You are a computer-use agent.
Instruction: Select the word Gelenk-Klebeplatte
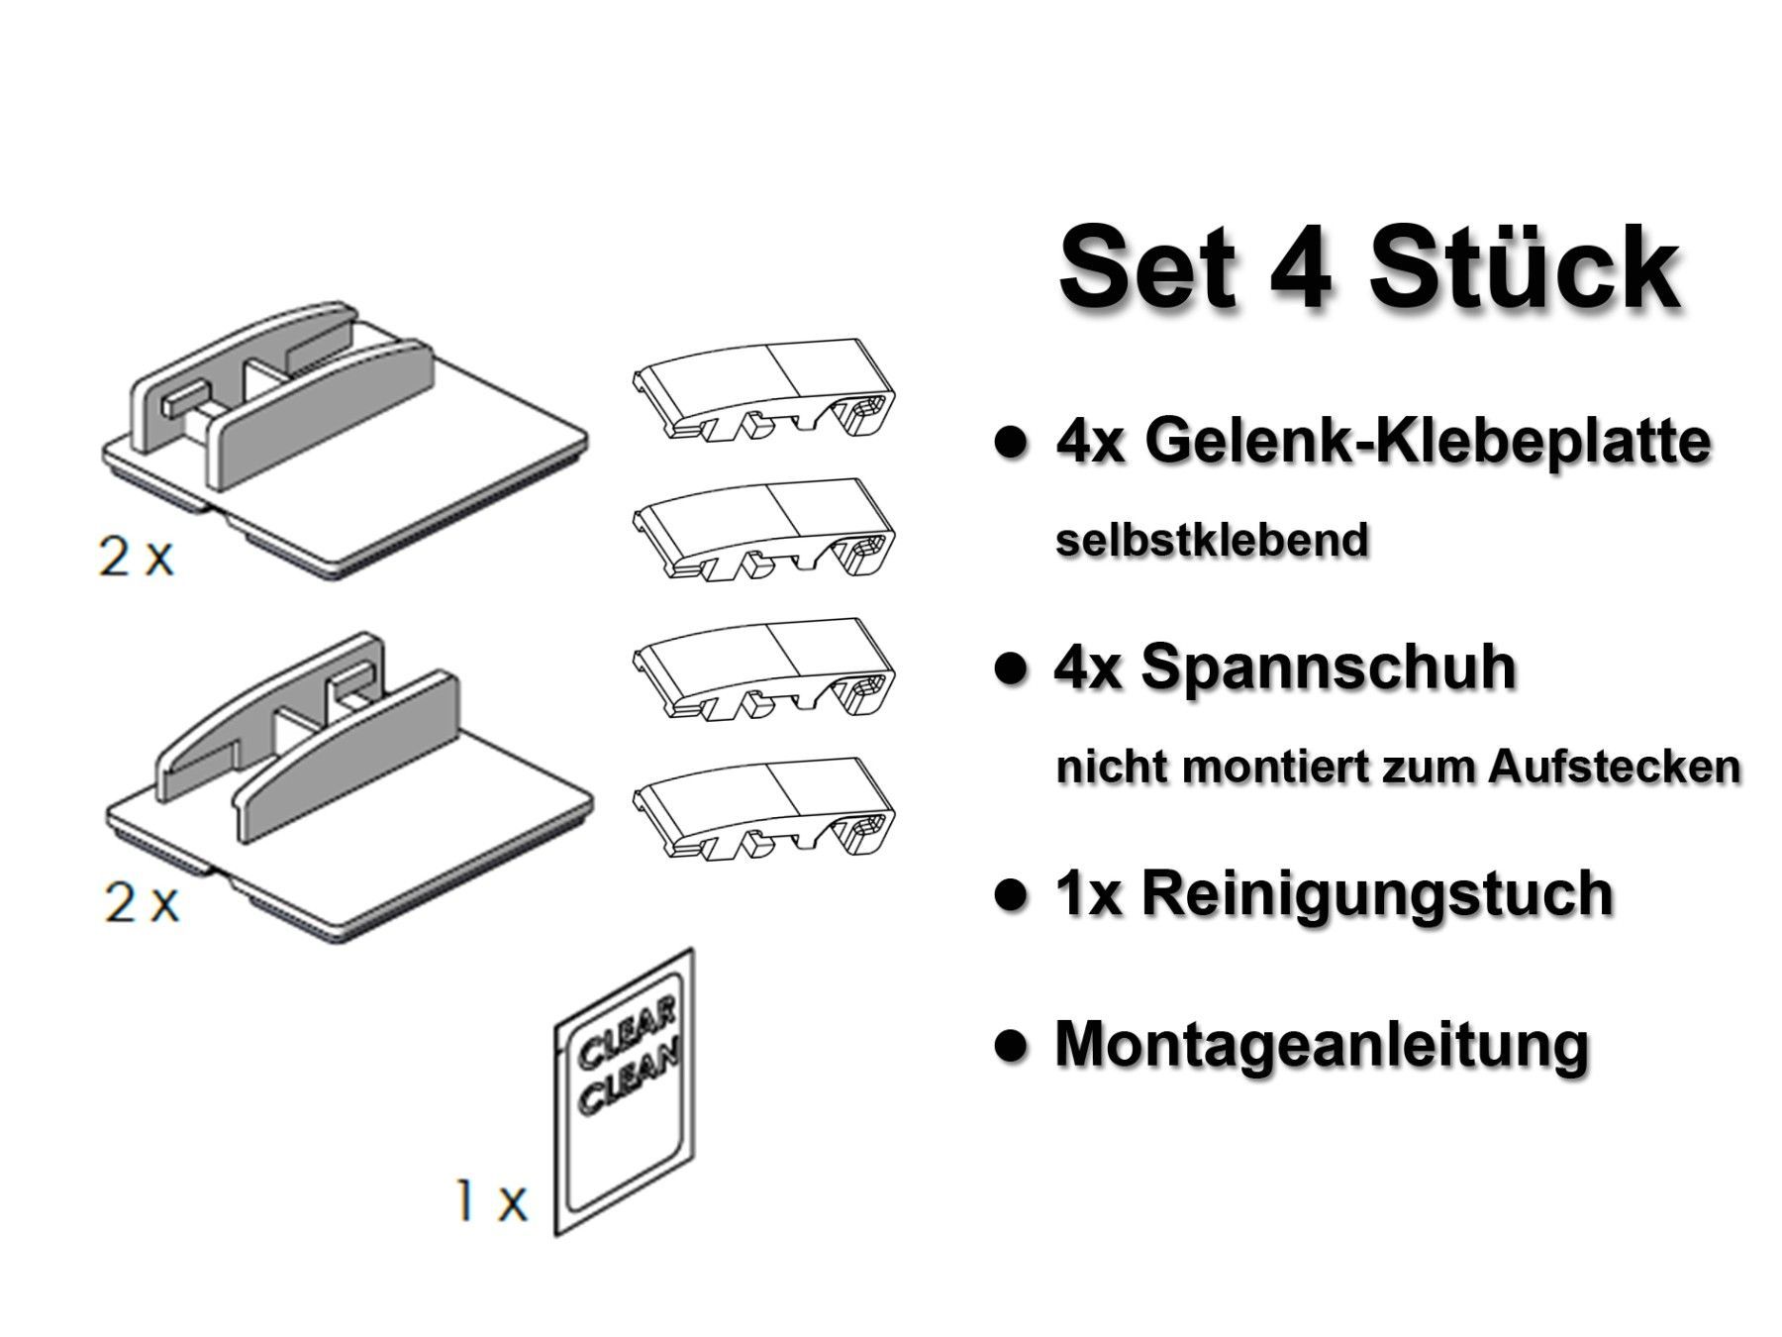(x=1427, y=443)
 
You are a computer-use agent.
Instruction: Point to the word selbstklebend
(x=1212, y=541)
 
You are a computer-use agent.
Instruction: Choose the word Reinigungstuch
(x=1377, y=893)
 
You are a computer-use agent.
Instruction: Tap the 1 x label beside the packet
(x=491, y=1202)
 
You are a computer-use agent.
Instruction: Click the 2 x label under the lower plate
(x=142, y=904)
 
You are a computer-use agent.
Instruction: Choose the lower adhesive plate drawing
(x=346, y=782)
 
